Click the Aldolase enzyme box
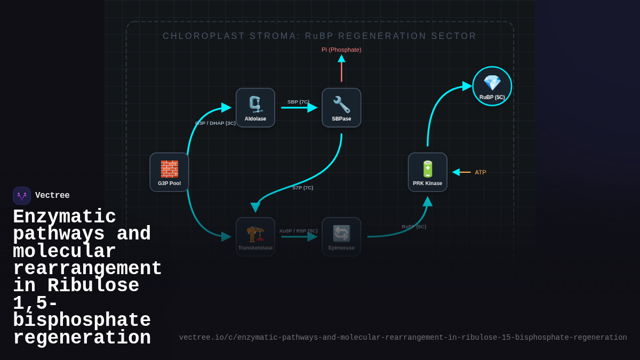point(255,108)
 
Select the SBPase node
point(341,108)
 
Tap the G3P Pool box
point(169,172)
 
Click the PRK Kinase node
point(427,172)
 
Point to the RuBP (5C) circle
point(492,86)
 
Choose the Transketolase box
point(255,237)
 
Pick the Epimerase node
point(341,237)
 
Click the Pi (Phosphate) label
point(341,50)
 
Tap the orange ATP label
point(481,172)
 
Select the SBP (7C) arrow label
point(298,101)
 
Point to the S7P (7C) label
point(303,188)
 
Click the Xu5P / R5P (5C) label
point(298,231)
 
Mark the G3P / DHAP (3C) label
point(215,123)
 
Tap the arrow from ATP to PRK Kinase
point(462,172)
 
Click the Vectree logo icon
point(22,196)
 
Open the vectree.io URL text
point(403,338)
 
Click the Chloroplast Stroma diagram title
point(319,36)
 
